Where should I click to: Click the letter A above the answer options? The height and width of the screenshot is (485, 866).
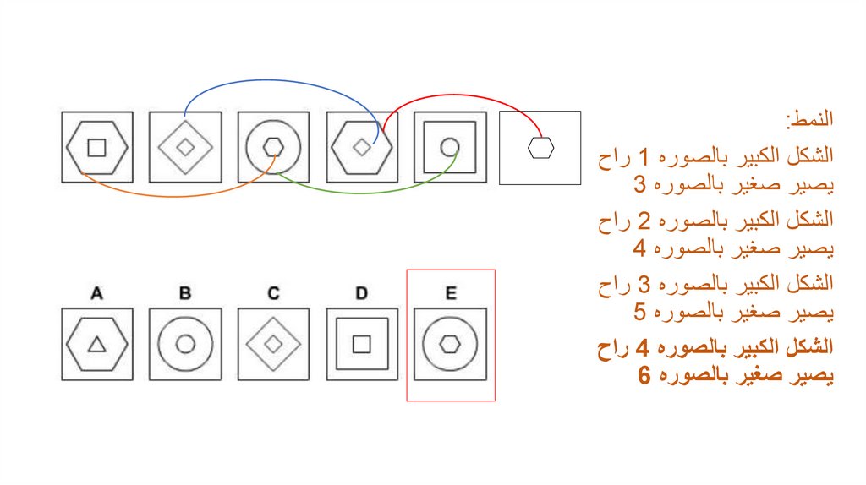pyautogui.click(x=97, y=293)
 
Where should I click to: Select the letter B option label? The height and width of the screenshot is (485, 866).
pyautogui.click(x=185, y=293)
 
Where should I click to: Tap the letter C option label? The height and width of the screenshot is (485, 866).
pyautogui.click(x=273, y=293)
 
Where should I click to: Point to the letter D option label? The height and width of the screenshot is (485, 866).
pyautogui.click(x=361, y=293)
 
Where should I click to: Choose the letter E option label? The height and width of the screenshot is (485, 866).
pyautogui.click(x=451, y=293)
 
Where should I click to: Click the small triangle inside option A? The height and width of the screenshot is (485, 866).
pyautogui.click(x=97, y=344)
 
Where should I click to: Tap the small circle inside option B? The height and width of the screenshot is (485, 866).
pyautogui.click(x=185, y=344)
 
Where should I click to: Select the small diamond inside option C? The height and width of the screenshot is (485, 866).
pyautogui.click(x=273, y=344)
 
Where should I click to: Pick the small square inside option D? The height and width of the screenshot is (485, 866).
pyautogui.click(x=361, y=344)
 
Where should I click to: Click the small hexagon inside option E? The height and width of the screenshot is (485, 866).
pyautogui.click(x=451, y=344)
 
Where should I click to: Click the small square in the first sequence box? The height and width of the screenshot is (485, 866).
pyautogui.click(x=97, y=147)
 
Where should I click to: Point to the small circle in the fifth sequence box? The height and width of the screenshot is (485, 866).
pyautogui.click(x=450, y=147)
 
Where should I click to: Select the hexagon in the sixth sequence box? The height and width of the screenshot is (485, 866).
pyautogui.click(x=540, y=148)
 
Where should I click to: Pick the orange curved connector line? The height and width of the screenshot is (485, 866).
pyautogui.click(x=169, y=195)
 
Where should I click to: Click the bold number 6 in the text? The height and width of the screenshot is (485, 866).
pyautogui.click(x=644, y=376)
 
